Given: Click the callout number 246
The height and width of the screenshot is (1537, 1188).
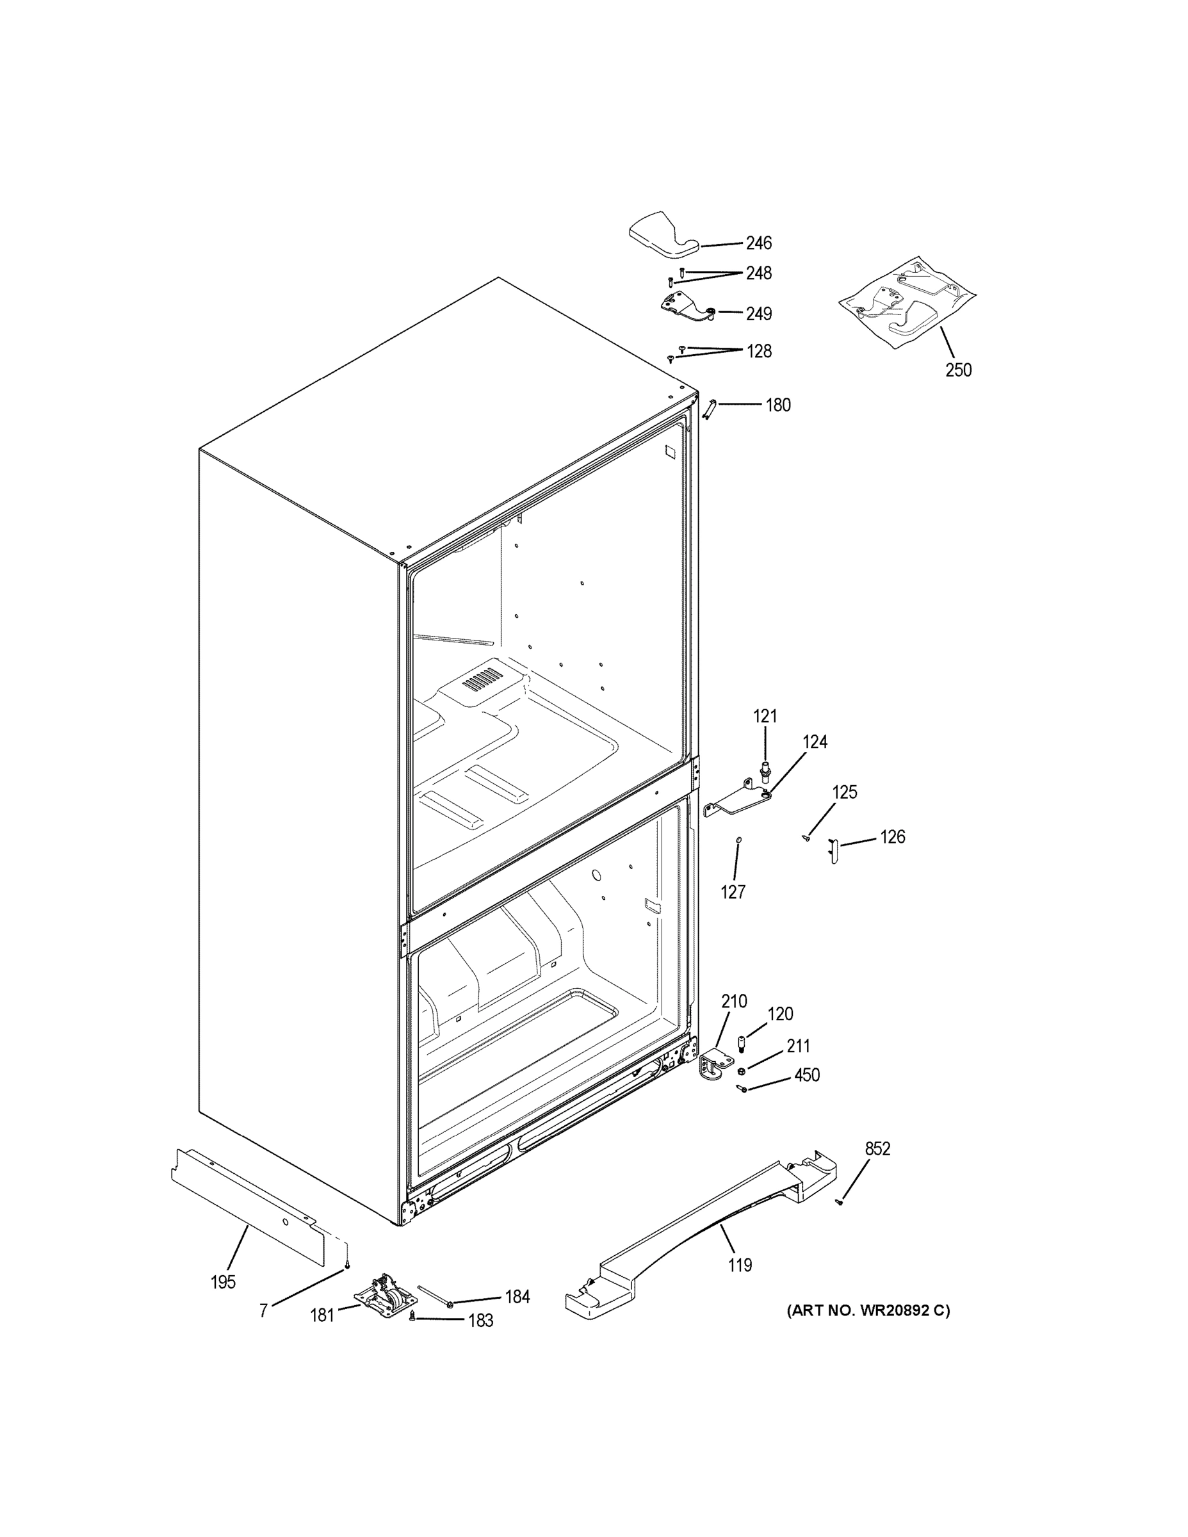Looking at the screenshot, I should [759, 243].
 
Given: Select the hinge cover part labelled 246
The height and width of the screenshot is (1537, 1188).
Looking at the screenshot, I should [662, 235].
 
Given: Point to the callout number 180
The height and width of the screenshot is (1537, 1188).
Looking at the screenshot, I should [777, 405].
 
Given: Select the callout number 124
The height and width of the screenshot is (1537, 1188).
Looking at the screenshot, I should [815, 742].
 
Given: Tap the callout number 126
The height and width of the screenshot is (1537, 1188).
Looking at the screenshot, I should [892, 838].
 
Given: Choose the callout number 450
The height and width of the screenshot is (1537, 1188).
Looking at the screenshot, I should [806, 1075].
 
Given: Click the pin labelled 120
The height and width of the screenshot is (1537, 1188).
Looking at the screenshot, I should [741, 1042].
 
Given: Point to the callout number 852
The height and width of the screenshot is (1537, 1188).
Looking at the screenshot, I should [877, 1148].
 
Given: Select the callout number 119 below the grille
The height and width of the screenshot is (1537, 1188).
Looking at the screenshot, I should [740, 1265].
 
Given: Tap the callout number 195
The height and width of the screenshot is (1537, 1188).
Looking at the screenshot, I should [223, 1282].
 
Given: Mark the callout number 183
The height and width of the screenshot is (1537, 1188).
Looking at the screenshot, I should [481, 1321].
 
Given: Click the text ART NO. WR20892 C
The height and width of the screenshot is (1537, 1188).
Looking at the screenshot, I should [868, 1310].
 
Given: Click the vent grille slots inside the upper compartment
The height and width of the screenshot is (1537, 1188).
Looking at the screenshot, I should [483, 678].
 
